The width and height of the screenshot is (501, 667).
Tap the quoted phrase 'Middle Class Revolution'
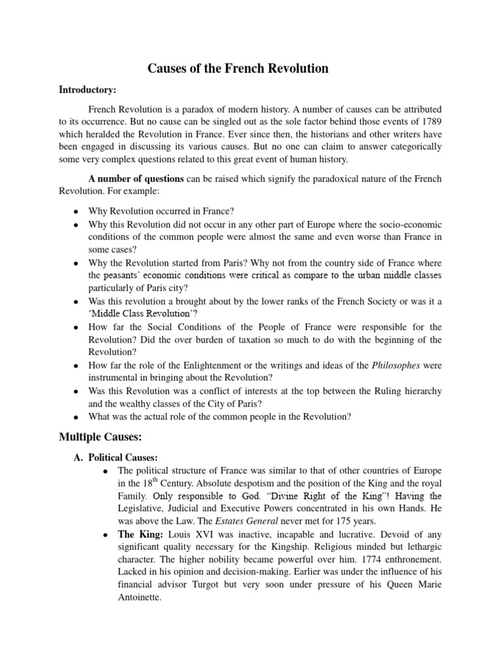coord(135,313)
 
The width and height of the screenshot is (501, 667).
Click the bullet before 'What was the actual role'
coord(76,418)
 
